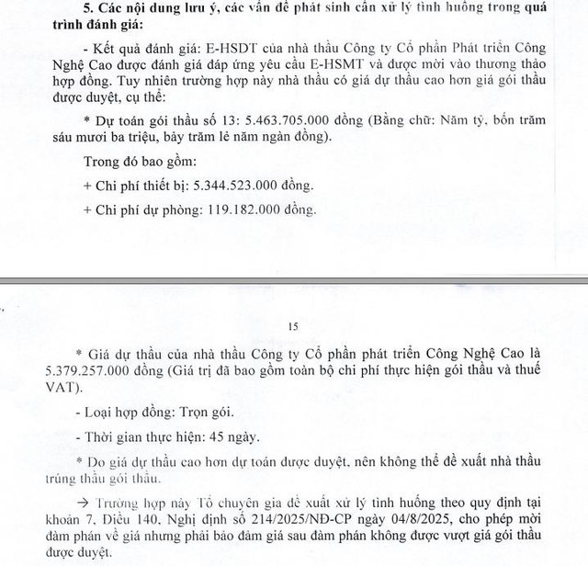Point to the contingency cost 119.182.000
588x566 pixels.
233,209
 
